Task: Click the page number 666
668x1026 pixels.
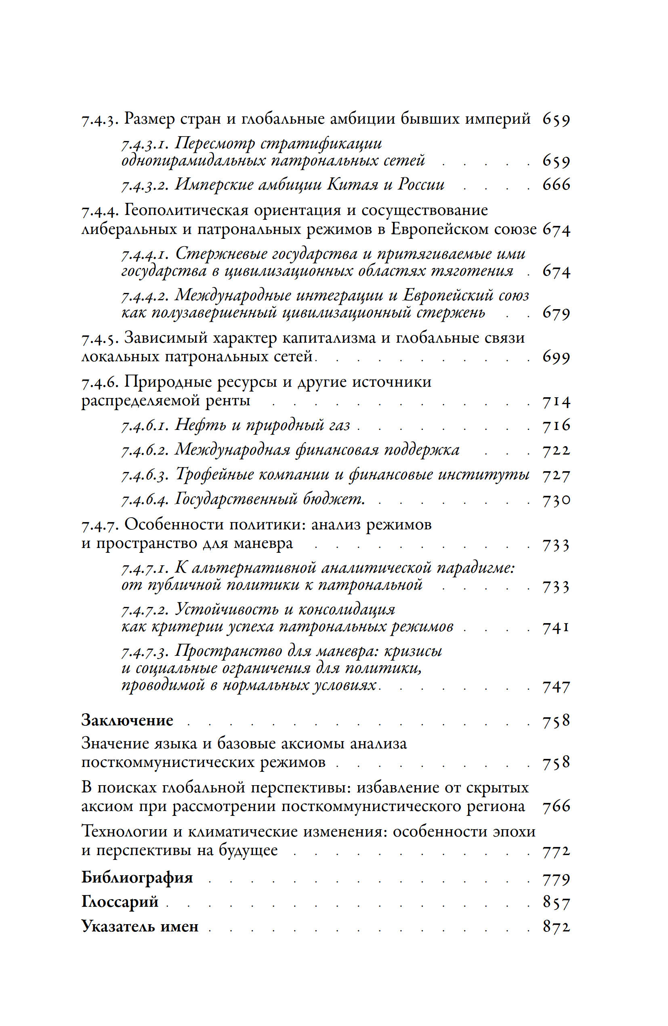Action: pyautogui.click(x=556, y=185)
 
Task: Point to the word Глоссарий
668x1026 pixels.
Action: pyautogui.click(x=120, y=902)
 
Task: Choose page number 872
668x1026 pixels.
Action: pyautogui.click(x=556, y=927)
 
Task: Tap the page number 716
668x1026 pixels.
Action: pyautogui.click(x=556, y=426)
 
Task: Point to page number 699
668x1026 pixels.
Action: pyautogui.click(x=556, y=357)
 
